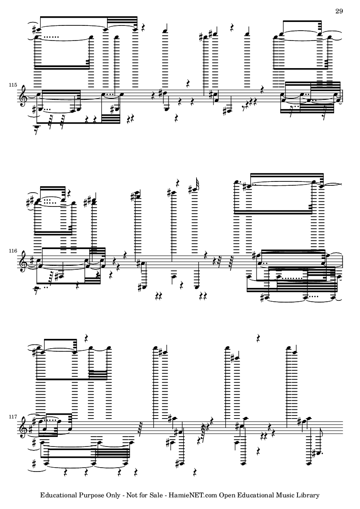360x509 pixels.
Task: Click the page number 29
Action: pos(339,11)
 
